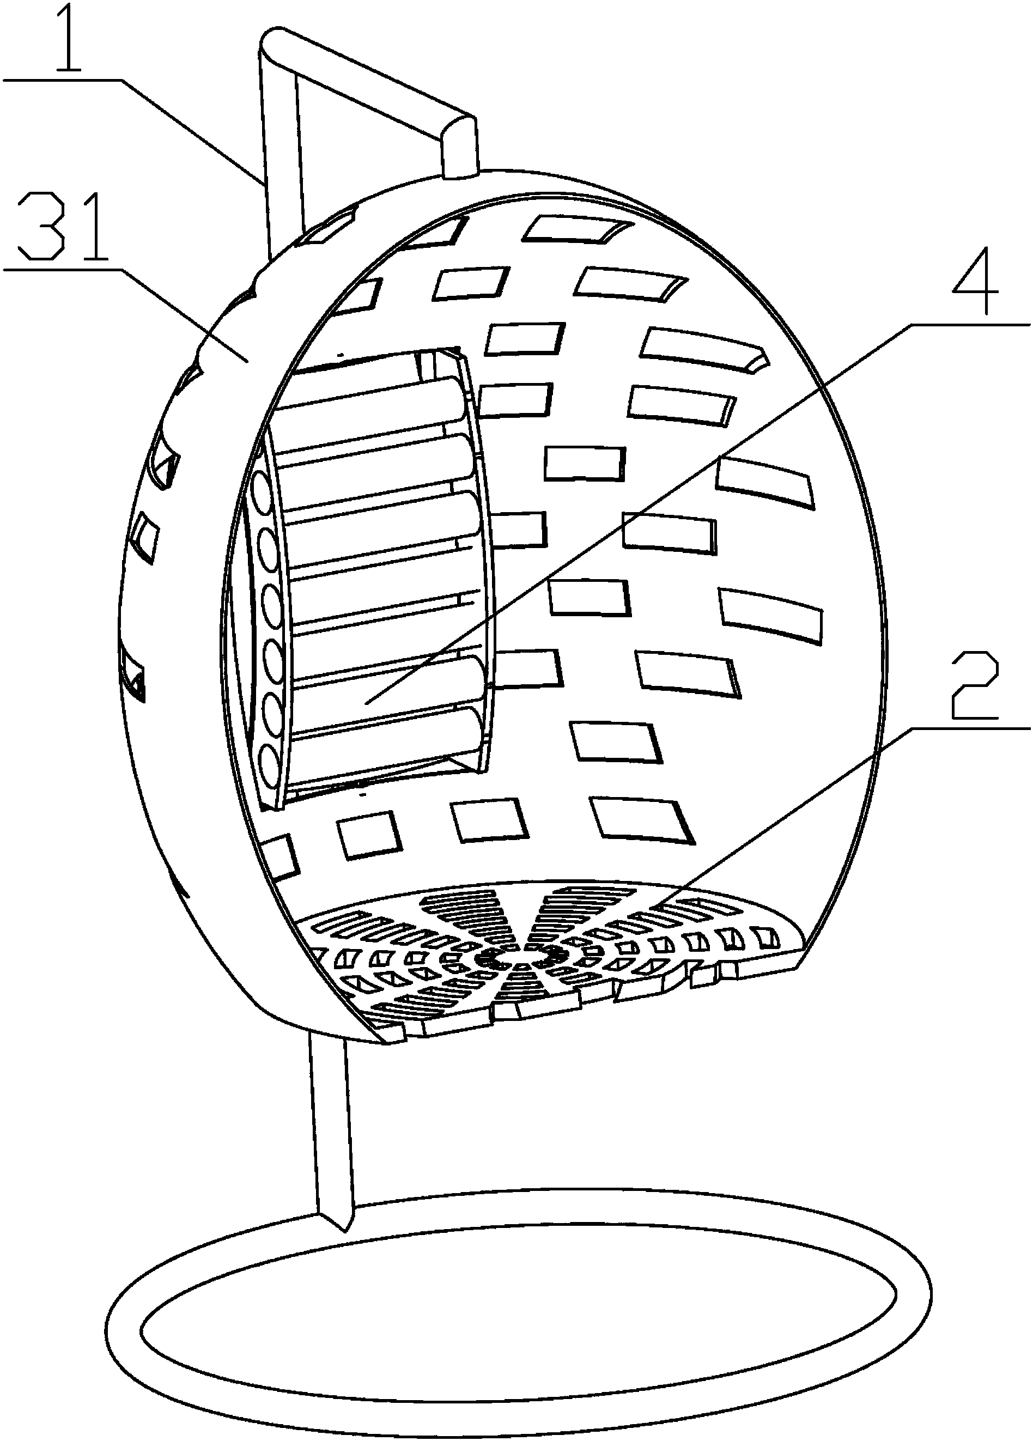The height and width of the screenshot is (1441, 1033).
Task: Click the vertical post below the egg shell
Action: pos(330,1128)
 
